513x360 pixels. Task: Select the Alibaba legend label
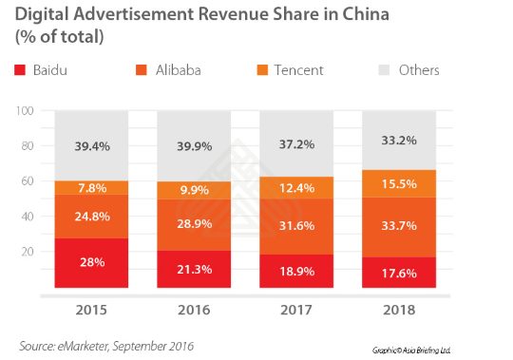(x=180, y=70)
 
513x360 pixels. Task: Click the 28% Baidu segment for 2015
(x=93, y=263)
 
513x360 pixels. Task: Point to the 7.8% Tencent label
(x=93, y=188)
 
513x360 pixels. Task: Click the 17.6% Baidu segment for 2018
(x=396, y=273)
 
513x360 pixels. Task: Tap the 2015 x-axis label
(x=93, y=312)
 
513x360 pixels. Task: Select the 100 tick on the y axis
(x=26, y=111)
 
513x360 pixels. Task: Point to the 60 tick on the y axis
(x=28, y=180)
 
